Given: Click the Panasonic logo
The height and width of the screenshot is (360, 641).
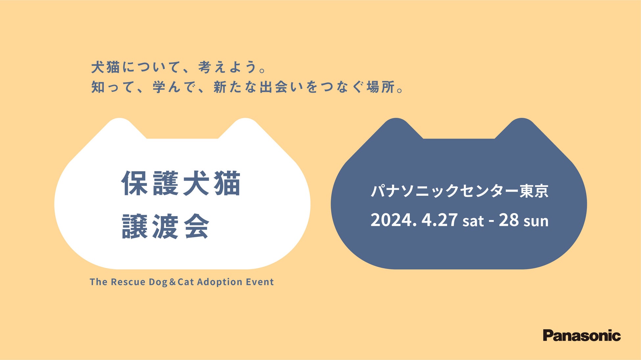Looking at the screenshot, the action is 582,335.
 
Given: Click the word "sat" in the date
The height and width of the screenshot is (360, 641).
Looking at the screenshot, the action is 473,221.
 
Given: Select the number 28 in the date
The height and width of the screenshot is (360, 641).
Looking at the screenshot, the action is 509,220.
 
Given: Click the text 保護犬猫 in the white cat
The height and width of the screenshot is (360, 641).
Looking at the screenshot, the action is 181,183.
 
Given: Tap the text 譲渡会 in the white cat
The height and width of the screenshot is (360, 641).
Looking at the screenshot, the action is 166,226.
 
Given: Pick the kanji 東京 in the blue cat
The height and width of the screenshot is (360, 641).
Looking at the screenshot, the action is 534,191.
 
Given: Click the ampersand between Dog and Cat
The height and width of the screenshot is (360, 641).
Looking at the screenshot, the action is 173,282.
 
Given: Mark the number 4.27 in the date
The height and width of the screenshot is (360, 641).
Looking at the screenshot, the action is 440,220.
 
